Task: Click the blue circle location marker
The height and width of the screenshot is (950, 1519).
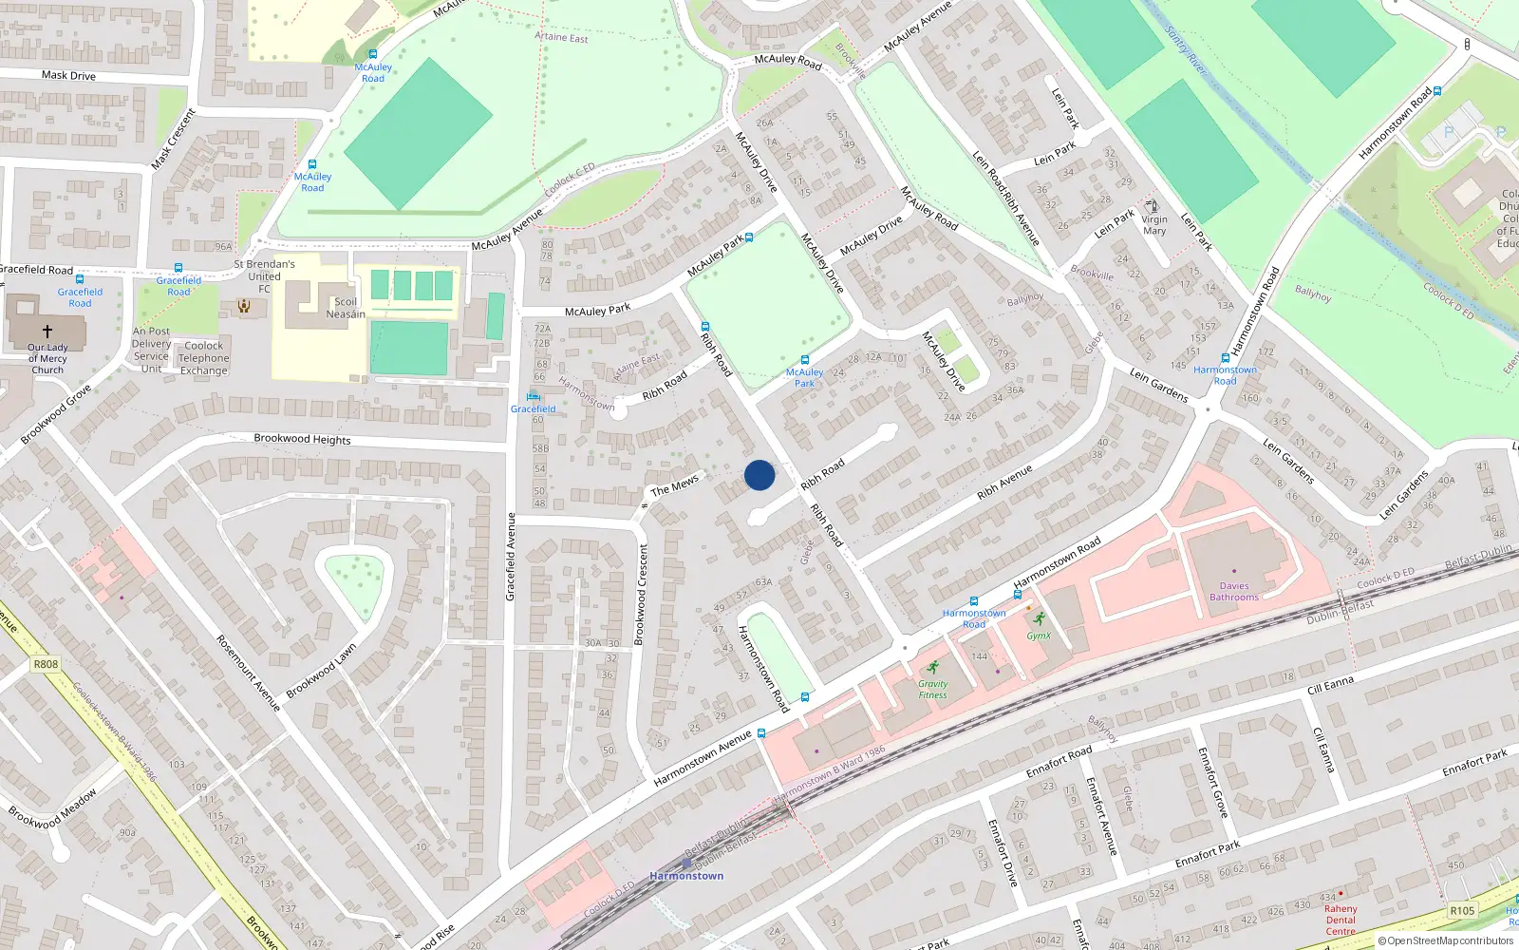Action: click(759, 475)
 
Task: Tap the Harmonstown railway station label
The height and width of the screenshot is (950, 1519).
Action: click(686, 876)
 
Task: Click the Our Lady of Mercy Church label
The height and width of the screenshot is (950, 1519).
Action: click(47, 358)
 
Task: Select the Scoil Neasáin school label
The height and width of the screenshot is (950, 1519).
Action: click(346, 308)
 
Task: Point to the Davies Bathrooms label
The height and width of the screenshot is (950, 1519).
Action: click(1234, 592)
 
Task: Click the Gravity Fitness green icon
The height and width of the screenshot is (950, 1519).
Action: click(933, 667)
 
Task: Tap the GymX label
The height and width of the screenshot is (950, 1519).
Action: click(1039, 636)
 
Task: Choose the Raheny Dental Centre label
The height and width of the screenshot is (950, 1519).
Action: click(1341, 920)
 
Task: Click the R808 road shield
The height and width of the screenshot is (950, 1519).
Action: click(46, 664)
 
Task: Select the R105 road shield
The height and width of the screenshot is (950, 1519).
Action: click(1462, 910)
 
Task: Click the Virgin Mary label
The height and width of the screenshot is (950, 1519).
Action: click(1154, 225)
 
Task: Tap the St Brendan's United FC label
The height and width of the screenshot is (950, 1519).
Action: click(264, 276)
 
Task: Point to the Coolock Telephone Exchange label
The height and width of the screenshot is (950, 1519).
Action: click(204, 358)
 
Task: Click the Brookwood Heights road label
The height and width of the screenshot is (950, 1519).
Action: click(302, 439)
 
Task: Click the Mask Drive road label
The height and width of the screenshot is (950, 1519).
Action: click(68, 75)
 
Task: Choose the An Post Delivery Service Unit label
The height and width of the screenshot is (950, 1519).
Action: click(151, 350)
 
